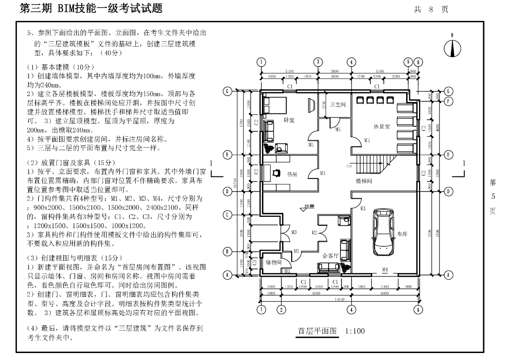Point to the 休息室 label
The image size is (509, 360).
tap(382, 126)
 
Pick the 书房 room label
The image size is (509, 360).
tap(293, 174)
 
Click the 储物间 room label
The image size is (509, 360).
tap(274, 262)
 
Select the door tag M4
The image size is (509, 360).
tap(385, 270)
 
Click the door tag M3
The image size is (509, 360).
tap(294, 232)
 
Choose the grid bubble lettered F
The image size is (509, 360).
tap(448, 101)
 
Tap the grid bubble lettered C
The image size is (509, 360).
tap(227, 215)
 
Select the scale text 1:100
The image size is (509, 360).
tap(354, 331)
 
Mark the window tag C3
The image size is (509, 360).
tap(254, 262)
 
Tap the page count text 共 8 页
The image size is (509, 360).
tap(431, 9)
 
